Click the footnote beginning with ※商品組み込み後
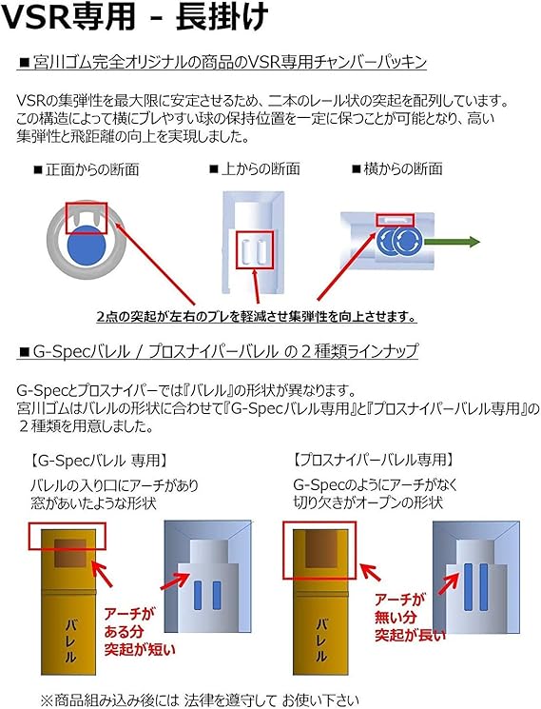[200, 699]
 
